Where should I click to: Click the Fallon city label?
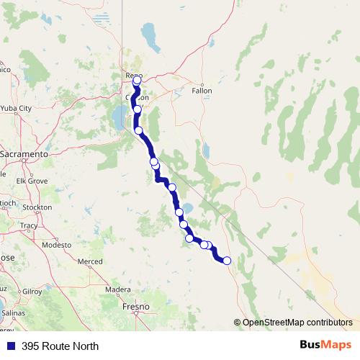(202, 91)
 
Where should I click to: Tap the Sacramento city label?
(24, 154)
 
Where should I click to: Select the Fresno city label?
(135, 307)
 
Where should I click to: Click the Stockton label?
(37, 207)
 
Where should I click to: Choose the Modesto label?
(57, 245)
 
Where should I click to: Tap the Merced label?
(90, 261)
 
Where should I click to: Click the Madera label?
(117, 290)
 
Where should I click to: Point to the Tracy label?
(29, 225)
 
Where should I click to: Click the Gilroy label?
(32, 291)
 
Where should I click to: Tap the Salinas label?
(13, 314)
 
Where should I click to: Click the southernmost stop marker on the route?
(227, 261)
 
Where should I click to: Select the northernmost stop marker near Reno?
(138, 81)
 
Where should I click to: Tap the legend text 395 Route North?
(60, 346)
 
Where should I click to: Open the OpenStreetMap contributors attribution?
(297, 323)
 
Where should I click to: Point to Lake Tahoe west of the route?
(117, 119)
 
